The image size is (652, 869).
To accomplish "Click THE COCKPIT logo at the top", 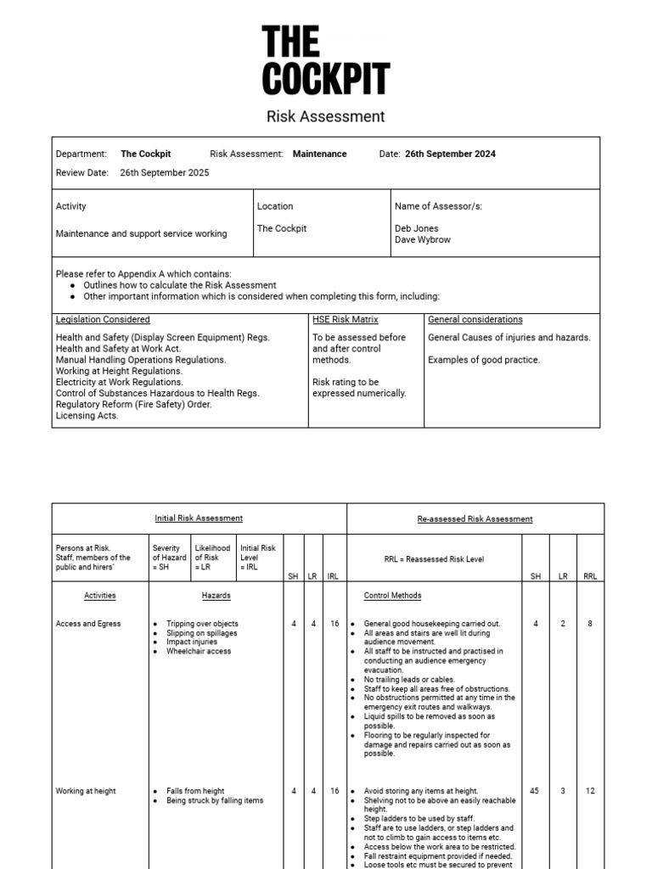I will [x=326, y=60].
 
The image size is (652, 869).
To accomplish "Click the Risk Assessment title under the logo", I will [x=326, y=116].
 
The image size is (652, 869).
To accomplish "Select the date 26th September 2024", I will [x=450, y=154].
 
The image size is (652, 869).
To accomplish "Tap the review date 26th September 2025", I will [x=164, y=173].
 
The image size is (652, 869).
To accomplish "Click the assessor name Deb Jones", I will [x=417, y=228].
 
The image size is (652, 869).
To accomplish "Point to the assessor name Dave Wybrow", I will [x=423, y=239].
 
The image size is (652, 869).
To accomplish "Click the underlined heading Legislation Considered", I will [x=103, y=320].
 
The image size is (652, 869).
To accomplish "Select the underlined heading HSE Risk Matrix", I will [x=346, y=320].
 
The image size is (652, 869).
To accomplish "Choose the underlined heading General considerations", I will [x=475, y=320].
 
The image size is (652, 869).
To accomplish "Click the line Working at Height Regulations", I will [x=119, y=371].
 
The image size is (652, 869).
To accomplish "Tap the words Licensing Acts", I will [x=87, y=416].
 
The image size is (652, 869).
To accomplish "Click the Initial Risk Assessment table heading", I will [x=199, y=519].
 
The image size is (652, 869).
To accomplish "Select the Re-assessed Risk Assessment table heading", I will [x=475, y=519].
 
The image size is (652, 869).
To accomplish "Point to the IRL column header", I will [x=333, y=576].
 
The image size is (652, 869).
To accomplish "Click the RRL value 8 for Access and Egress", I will [x=590, y=624].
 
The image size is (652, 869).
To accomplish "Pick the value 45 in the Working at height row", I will [x=536, y=791].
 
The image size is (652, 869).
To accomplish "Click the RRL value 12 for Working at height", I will [x=590, y=791].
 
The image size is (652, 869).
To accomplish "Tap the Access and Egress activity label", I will [x=88, y=624].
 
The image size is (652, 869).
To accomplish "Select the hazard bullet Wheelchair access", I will [x=199, y=652].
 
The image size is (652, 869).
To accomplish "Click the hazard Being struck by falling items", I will [x=215, y=800].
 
